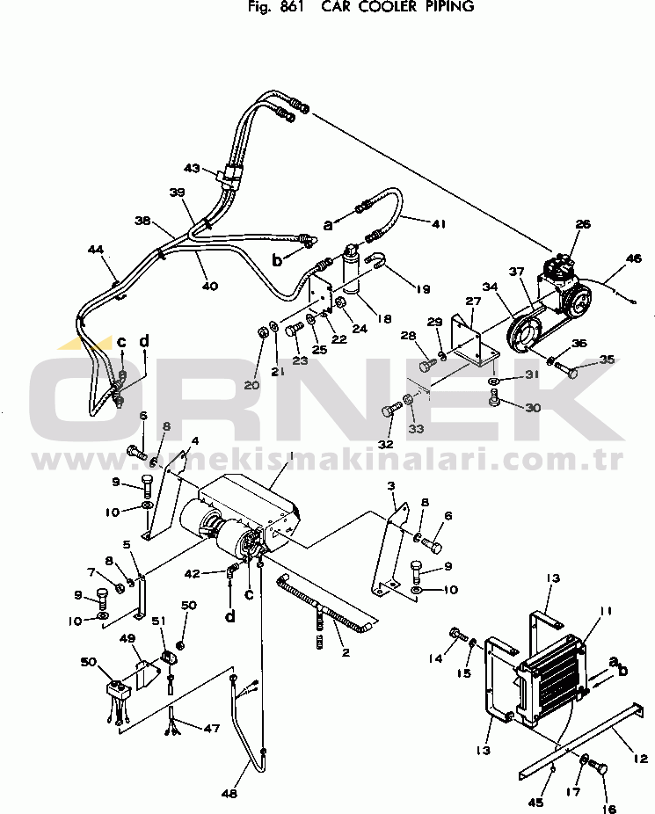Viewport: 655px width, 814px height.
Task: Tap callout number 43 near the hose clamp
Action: coord(193,168)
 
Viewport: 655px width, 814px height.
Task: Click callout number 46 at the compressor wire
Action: coord(634,259)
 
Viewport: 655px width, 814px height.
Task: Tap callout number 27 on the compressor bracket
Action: coord(474,302)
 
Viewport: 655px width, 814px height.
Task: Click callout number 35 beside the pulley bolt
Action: coord(608,359)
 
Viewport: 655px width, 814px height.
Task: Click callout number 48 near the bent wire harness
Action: coord(229,795)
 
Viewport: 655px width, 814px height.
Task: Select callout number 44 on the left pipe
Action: coord(96,251)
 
